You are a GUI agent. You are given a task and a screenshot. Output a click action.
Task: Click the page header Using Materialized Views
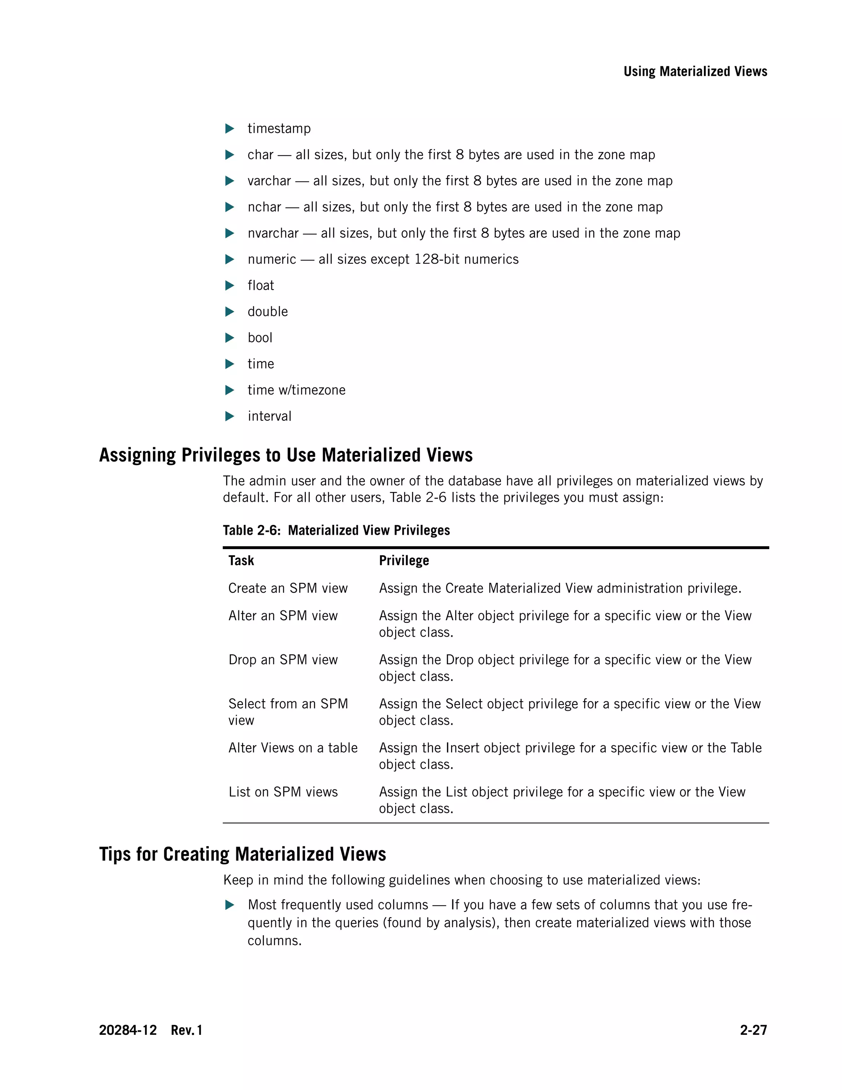coord(695,72)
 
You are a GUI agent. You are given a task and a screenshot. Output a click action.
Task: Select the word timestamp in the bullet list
coord(279,129)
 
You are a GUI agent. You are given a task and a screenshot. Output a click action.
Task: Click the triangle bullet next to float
coord(229,285)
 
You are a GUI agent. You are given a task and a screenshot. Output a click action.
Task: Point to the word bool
coord(260,338)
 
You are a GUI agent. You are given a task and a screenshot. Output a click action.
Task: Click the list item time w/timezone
coord(296,390)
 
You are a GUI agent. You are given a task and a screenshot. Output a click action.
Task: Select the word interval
coord(269,416)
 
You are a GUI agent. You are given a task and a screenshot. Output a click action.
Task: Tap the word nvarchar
coord(273,234)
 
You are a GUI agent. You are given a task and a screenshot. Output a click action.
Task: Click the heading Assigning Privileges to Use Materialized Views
coord(286,455)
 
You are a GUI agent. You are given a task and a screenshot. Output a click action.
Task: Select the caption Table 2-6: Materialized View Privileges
coord(336,530)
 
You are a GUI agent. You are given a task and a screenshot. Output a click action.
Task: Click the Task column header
coord(241,561)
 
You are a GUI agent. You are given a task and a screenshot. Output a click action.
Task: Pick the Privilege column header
coord(404,561)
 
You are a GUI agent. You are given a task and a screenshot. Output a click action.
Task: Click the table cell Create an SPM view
coord(288,589)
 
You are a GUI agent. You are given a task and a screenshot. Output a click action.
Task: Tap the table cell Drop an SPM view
coord(283,660)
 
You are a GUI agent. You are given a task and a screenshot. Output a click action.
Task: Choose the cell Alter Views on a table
coord(293,748)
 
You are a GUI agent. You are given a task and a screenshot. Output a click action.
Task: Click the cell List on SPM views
coord(283,792)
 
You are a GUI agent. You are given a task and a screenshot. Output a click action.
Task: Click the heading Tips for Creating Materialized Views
coord(243,854)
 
